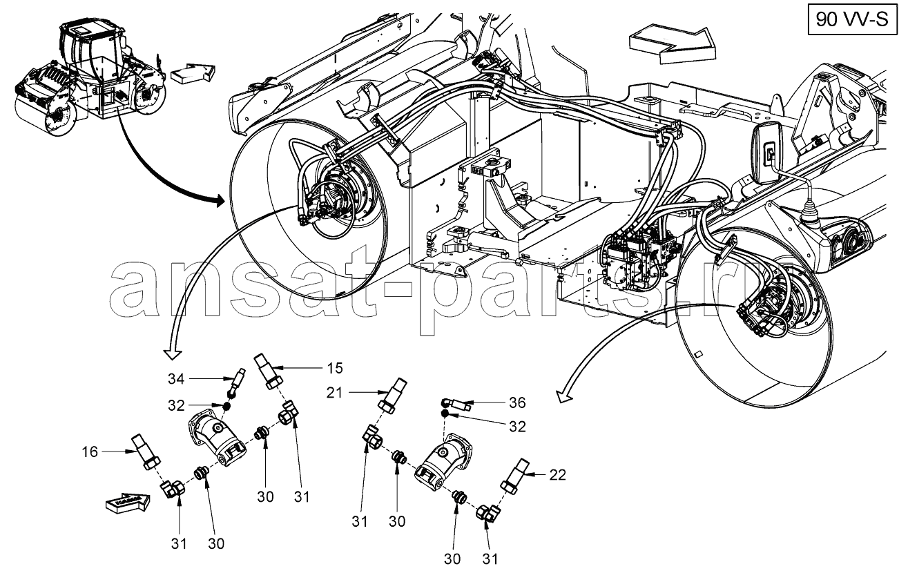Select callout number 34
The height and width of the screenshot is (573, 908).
pos(175,378)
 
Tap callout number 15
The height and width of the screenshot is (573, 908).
pos(335,367)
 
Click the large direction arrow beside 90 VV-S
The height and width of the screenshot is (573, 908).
pos(671,43)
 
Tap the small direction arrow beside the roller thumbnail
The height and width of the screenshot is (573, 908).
pos(192,72)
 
